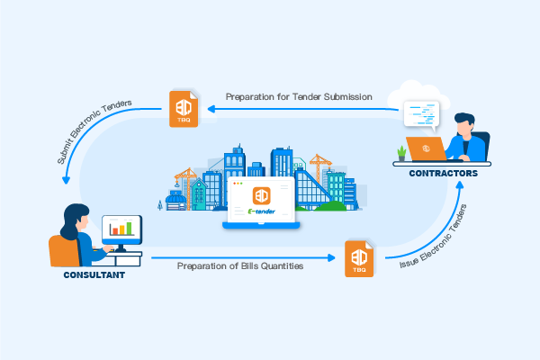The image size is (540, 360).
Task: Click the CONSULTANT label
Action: point(94,274)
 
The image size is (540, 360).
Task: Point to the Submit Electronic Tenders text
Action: point(92,133)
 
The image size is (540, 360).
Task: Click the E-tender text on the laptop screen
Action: point(263,212)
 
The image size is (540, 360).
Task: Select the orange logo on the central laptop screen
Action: point(262,195)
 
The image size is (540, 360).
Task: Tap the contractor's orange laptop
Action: point(422,147)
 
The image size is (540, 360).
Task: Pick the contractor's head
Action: point(464,121)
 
